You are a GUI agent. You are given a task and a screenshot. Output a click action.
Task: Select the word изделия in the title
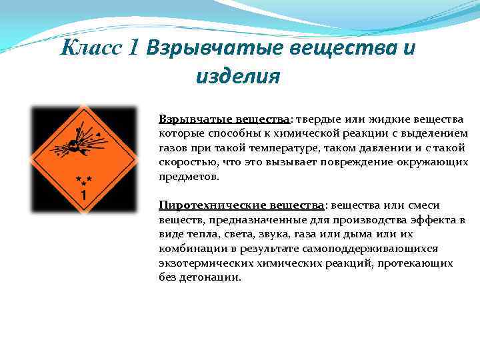pos(237,77)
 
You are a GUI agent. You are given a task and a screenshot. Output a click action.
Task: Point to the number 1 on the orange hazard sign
pos(84,195)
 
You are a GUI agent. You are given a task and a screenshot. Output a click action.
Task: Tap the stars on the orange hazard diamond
pos(84,180)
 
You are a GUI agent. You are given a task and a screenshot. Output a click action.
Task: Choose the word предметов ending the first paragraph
pos(189,176)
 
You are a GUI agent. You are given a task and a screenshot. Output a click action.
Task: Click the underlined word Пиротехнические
pos(203,205)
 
